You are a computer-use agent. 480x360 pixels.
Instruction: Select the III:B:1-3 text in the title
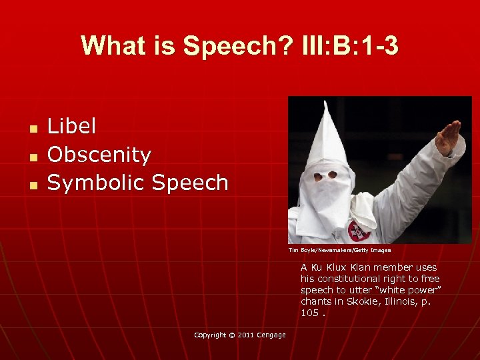pos(349,46)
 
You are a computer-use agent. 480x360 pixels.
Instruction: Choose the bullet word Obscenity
pos(99,154)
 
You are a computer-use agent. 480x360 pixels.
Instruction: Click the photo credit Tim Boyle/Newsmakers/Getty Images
pos(339,251)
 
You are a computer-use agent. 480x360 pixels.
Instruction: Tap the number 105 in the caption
pos(309,313)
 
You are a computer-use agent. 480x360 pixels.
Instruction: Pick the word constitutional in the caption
pos(348,279)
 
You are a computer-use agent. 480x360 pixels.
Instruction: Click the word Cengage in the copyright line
pos(271,335)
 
